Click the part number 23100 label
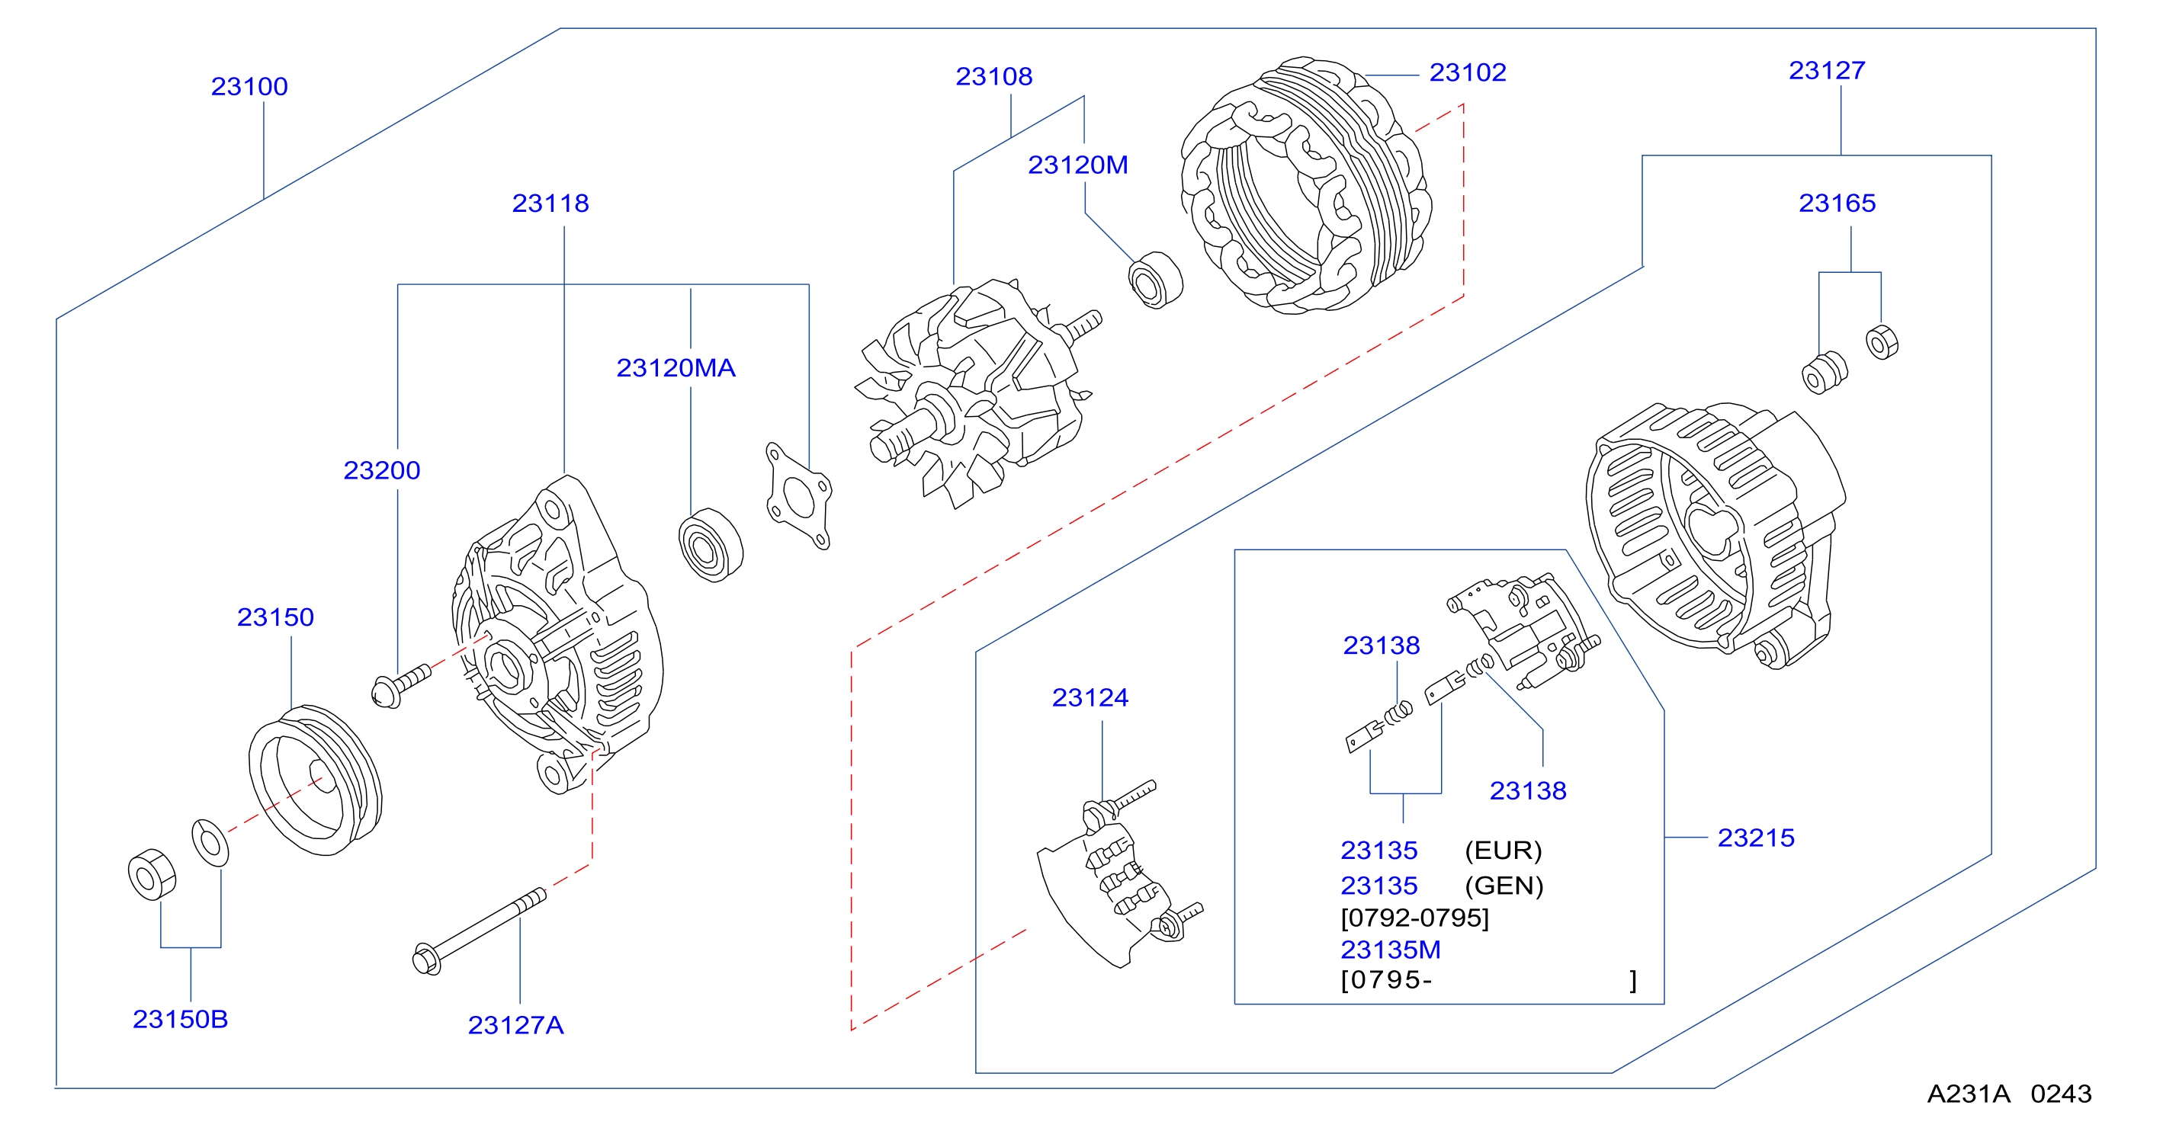(x=249, y=86)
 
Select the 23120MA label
(x=676, y=368)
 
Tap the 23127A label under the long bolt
(x=515, y=1024)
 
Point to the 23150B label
(x=180, y=1019)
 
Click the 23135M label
(x=1391, y=950)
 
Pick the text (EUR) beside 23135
(x=1504, y=850)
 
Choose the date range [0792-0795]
(x=1415, y=918)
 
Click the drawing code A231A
(x=1968, y=1094)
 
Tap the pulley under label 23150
(x=315, y=780)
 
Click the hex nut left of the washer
(x=152, y=874)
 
